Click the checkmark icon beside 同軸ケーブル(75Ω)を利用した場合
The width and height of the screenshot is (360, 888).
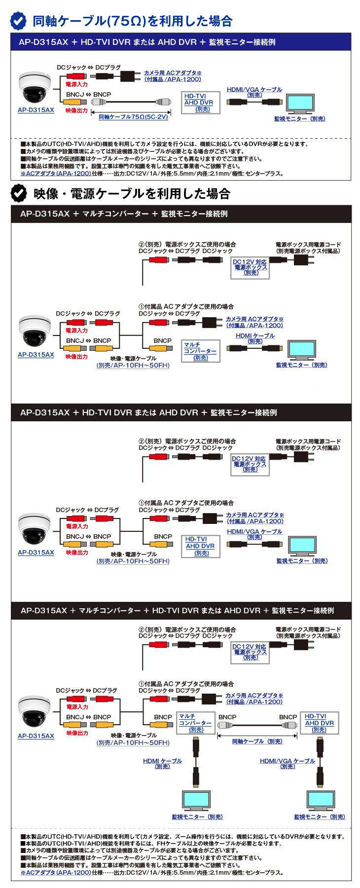point(19,21)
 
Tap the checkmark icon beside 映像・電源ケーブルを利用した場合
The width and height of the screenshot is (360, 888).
point(19,193)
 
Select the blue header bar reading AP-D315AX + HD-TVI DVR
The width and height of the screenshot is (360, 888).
point(180,42)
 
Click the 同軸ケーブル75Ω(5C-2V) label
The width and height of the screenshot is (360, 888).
point(133,117)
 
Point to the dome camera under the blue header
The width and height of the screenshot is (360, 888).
point(35,88)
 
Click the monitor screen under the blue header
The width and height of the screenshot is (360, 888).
point(300,103)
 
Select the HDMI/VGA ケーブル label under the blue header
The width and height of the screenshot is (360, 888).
point(254,92)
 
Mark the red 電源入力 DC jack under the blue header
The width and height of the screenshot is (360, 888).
point(76,76)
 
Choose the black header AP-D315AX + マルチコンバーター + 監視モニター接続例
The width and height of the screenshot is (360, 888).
point(180,214)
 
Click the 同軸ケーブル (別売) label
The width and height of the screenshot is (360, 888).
point(257,741)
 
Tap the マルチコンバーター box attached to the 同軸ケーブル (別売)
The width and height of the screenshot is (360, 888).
point(196,723)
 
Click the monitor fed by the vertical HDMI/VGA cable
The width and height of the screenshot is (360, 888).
point(320,799)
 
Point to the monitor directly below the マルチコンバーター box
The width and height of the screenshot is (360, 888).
point(196,799)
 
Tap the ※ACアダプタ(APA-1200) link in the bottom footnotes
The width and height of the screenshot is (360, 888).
point(56,872)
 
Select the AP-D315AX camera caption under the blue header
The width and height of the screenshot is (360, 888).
point(36,110)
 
